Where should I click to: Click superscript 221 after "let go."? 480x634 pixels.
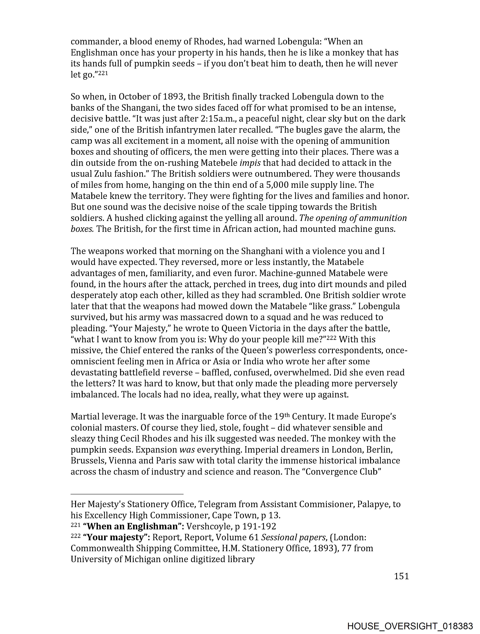103,73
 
